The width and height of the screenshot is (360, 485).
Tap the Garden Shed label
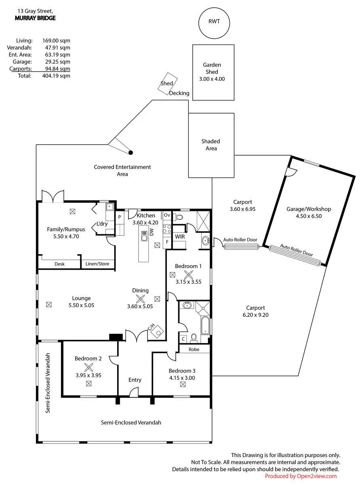[212, 68]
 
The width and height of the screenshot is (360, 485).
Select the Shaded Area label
[211, 145]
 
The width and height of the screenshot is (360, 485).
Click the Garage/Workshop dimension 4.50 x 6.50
[309, 216]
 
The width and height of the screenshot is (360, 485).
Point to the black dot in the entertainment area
[131, 153]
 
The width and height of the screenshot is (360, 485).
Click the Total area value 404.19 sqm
[56, 76]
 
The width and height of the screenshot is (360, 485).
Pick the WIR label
[180, 236]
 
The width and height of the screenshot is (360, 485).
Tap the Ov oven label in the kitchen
[167, 215]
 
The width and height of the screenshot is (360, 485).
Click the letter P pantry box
[119, 217]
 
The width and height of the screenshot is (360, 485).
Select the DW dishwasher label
[151, 232]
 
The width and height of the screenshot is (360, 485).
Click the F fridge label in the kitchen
[167, 242]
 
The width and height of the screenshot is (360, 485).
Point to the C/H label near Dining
[151, 327]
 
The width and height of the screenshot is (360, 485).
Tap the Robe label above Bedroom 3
[194, 349]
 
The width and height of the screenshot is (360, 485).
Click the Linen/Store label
[97, 264]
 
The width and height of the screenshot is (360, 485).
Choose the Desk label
[59, 264]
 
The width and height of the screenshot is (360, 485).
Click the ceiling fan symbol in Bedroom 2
[88, 367]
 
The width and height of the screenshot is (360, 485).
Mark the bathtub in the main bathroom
[205, 325]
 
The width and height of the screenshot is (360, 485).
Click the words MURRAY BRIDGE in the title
[35, 18]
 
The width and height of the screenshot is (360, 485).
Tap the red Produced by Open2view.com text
[301, 476]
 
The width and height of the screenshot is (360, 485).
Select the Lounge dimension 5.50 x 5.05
[81, 305]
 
